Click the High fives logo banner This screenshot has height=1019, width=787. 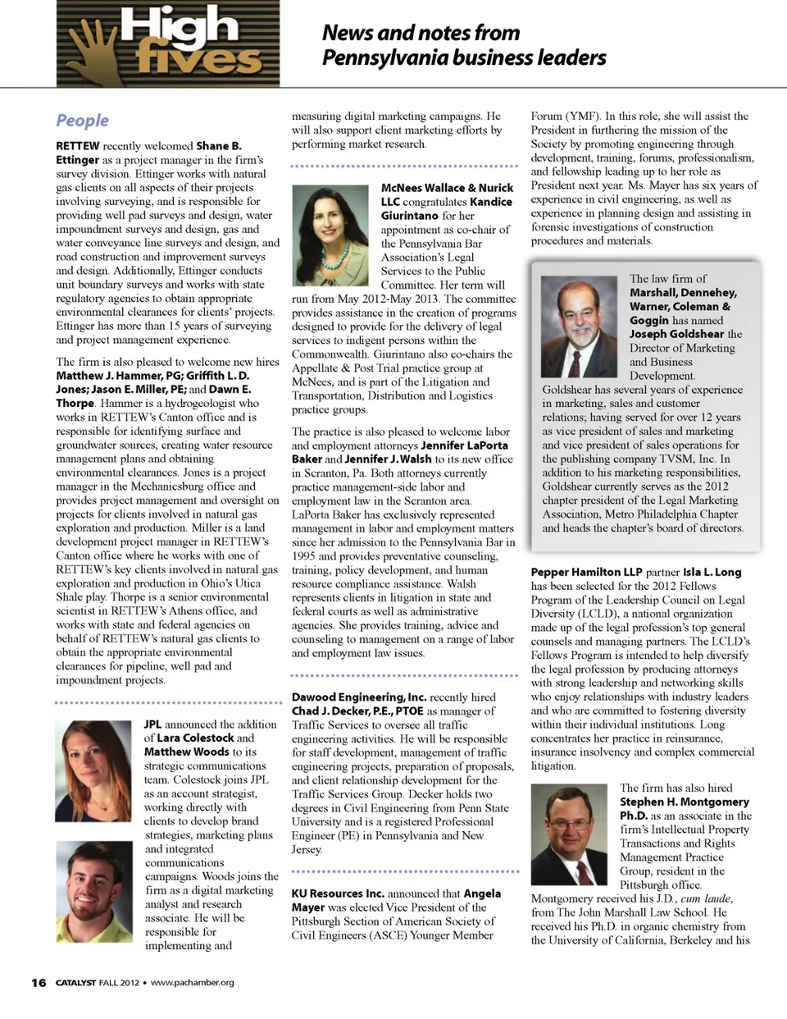(168, 43)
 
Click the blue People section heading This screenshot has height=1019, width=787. (82, 121)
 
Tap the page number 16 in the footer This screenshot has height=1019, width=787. (39, 982)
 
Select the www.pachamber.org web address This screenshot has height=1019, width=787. (193, 982)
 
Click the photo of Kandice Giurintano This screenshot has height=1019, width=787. (330, 235)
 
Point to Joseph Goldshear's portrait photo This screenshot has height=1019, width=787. (580, 327)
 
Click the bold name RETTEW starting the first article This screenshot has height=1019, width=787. (78, 146)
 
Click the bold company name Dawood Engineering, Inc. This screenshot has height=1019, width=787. (359, 697)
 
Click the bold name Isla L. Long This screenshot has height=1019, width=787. (712, 572)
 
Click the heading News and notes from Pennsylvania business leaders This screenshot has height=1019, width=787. (463, 45)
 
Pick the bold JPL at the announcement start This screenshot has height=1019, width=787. (152, 724)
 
